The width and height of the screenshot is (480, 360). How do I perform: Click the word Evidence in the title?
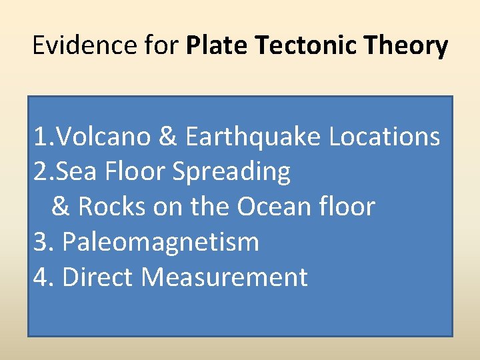click(73, 46)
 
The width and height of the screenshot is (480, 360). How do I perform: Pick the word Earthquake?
click(254, 137)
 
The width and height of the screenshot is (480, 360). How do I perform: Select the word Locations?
click(385, 137)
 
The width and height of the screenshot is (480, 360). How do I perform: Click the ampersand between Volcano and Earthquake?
click(168, 137)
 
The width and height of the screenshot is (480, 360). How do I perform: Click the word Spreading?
click(231, 173)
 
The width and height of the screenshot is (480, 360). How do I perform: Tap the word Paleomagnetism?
click(160, 242)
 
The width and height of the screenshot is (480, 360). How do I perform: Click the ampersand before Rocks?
click(61, 207)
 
